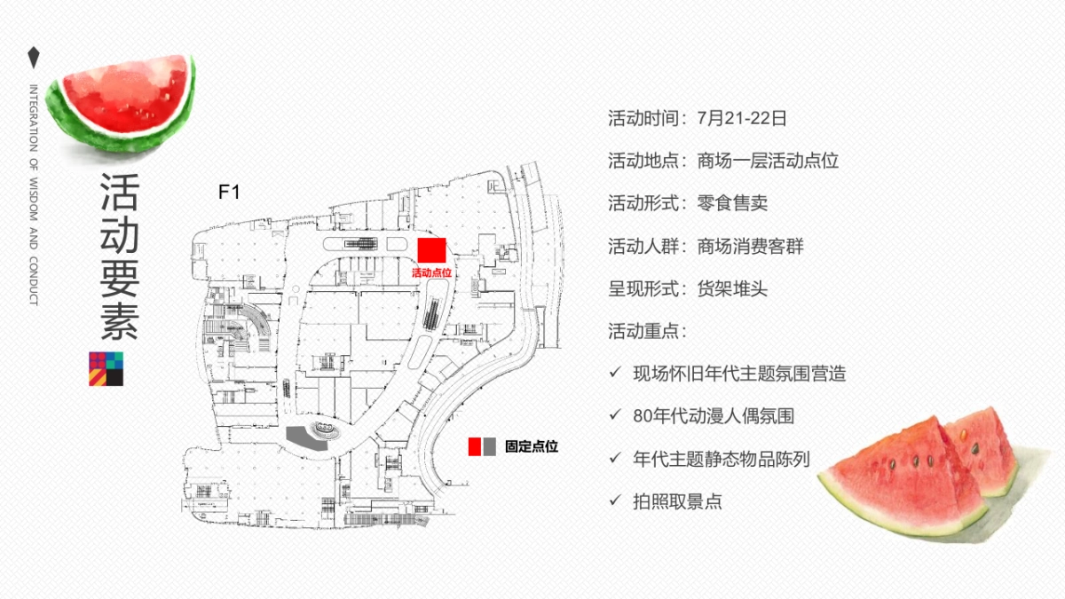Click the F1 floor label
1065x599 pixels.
click(x=229, y=191)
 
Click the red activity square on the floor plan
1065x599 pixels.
click(x=431, y=251)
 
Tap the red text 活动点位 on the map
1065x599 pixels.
click(x=431, y=273)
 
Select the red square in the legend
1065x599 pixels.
click(x=475, y=446)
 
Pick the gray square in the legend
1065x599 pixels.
click(x=489, y=446)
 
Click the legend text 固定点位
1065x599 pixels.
click(x=531, y=447)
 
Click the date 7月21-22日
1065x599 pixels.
click(x=742, y=118)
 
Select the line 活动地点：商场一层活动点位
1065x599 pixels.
click(x=723, y=161)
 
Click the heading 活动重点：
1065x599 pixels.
click(x=648, y=331)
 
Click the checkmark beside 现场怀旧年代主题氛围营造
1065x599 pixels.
click(x=615, y=373)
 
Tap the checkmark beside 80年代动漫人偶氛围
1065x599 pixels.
click(x=615, y=414)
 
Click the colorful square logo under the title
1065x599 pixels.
click(x=106, y=369)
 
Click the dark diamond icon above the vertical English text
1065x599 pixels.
click(x=34, y=58)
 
